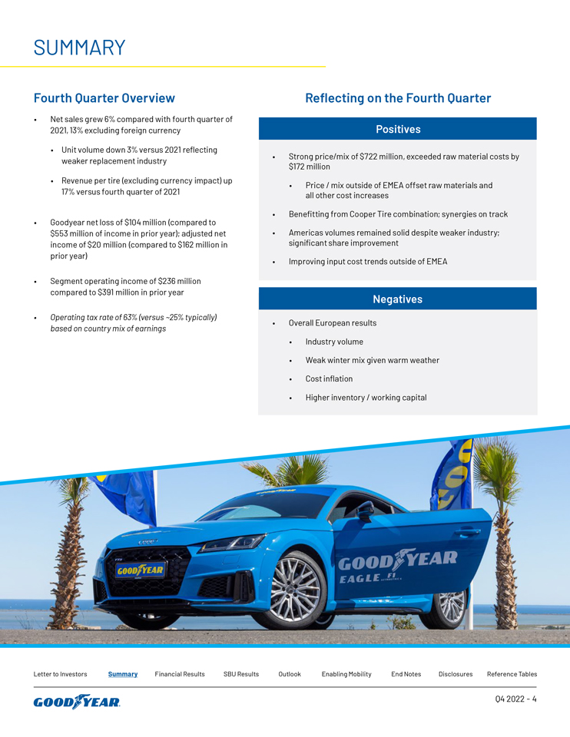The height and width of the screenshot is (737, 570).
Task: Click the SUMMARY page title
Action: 79,48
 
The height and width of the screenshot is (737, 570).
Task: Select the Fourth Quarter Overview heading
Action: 104,98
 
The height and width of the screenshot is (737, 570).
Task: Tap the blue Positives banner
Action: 397,129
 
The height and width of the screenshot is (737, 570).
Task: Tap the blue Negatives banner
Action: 397,299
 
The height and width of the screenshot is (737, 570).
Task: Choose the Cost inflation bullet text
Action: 329,378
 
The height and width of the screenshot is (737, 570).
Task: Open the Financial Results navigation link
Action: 180,674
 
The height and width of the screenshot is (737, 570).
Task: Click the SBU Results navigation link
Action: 241,674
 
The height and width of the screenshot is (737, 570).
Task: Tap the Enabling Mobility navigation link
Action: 346,674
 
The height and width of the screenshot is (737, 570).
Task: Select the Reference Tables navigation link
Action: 512,674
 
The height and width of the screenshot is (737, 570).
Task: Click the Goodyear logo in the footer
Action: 77,702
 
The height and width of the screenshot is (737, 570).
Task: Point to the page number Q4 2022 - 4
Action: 516,699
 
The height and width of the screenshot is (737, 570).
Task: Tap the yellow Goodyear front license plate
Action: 141,570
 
